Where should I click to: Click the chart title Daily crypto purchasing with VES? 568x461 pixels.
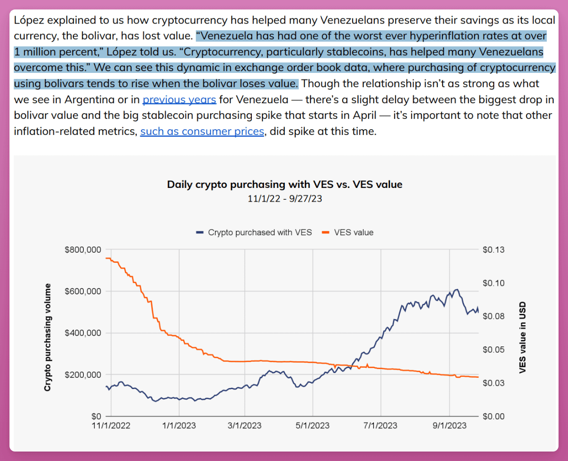point(284,185)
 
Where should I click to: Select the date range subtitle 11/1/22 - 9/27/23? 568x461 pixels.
point(284,198)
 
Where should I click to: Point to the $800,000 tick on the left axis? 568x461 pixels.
point(83,249)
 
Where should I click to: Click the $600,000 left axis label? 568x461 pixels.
point(83,291)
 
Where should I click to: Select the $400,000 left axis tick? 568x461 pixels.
point(83,333)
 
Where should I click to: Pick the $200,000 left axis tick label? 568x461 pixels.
point(83,374)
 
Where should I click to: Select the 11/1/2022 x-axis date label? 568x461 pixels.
point(111,426)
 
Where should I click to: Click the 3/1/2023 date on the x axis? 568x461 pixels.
point(245,426)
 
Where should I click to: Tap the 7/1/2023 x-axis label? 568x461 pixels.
point(381,426)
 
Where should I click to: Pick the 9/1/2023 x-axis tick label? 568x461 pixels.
point(449,426)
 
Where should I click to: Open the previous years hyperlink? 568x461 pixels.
point(179,100)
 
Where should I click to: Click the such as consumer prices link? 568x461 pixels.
point(202,132)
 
